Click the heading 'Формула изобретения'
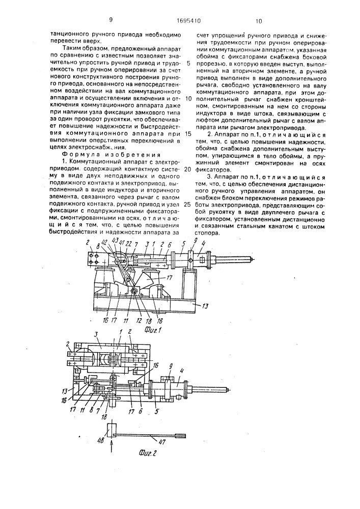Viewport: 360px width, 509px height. click(x=111, y=154)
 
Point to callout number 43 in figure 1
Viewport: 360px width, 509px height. click(x=114, y=241)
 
